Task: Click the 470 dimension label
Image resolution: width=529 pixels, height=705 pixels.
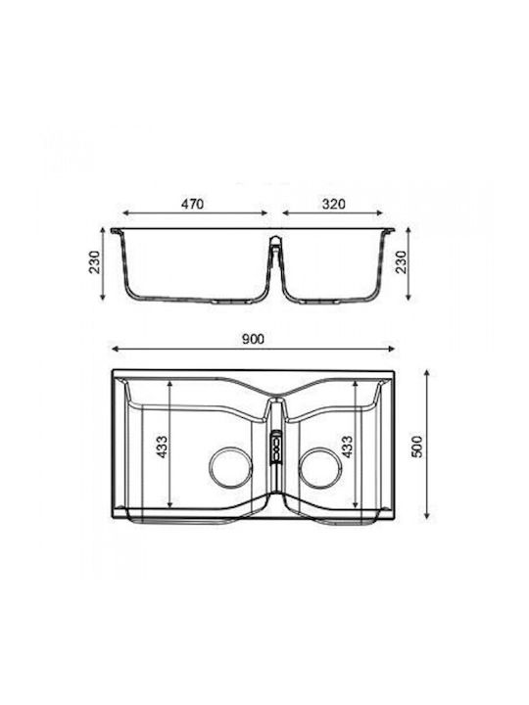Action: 192,204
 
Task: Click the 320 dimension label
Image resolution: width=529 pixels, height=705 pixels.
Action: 333,204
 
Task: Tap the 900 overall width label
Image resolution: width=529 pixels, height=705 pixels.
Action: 254,339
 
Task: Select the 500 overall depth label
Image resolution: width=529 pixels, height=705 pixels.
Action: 417,446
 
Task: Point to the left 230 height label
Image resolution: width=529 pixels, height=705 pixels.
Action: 95,262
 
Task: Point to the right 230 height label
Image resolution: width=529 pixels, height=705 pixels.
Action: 400,262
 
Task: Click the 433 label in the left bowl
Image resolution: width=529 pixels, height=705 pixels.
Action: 162,446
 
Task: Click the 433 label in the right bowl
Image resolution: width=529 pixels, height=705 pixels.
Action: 347,446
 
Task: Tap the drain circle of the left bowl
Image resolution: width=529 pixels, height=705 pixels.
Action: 231,468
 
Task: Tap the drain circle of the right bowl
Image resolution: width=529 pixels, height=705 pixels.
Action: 321,468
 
